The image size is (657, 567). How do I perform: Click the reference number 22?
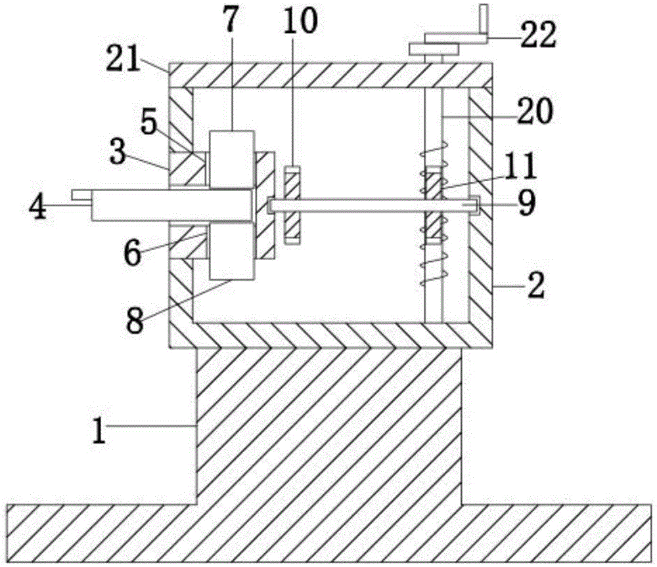[x=538, y=35]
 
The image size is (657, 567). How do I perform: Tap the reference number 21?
[x=122, y=60]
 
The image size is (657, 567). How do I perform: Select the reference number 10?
[x=300, y=20]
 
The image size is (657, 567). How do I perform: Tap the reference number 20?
[x=535, y=110]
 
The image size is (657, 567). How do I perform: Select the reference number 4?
[x=37, y=207]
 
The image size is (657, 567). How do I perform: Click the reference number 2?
[x=537, y=285]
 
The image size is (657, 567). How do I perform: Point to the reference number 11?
[x=522, y=167]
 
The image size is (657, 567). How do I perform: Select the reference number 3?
[x=118, y=153]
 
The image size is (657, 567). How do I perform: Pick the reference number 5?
[x=148, y=124]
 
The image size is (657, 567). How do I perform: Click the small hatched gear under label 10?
[x=292, y=205]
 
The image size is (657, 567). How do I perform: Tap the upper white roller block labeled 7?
[x=232, y=159]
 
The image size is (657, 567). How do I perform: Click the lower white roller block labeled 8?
[x=232, y=250]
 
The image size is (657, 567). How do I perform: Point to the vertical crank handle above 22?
[x=484, y=18]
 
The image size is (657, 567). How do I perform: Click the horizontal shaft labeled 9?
[x=374, y=205]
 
